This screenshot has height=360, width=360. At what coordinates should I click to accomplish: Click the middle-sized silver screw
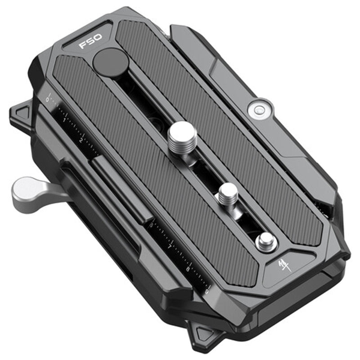coord(227,193)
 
